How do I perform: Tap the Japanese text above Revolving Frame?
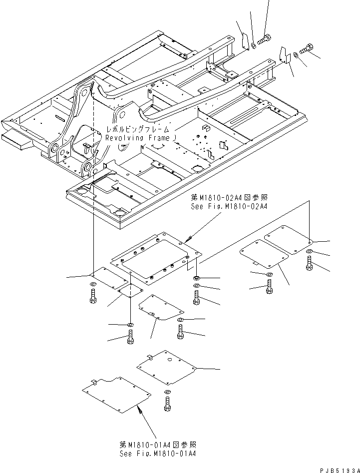[x=138, y=129]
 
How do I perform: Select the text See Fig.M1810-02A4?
[x=229, y=206]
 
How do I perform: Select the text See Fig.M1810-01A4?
[x=158, y=454]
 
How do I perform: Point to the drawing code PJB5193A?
[x=340, y=470]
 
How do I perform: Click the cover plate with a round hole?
[x=166, y=367]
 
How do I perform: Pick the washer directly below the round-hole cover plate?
[x=167, y=392]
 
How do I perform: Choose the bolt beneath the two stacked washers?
[x=196, y=298]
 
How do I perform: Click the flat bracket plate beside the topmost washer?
[x=245, y=40]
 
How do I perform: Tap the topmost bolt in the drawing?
[x=264, y=39]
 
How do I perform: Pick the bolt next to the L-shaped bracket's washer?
[x=307, y=48]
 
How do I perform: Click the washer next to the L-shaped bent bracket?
[x=296, y=55]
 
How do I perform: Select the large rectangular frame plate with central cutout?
[x=156, y=258]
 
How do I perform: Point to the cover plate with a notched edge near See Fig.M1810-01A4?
[x=116, y=394]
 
